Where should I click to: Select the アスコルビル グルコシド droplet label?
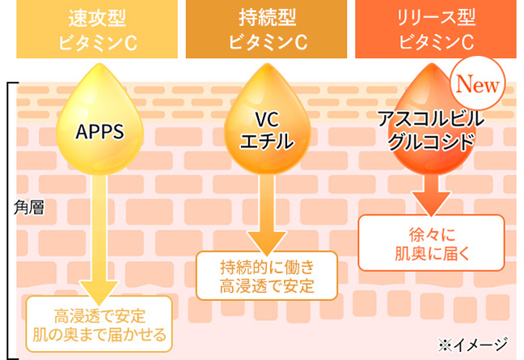tap(431, 130)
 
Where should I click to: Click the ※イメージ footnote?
tap(477, 343)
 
